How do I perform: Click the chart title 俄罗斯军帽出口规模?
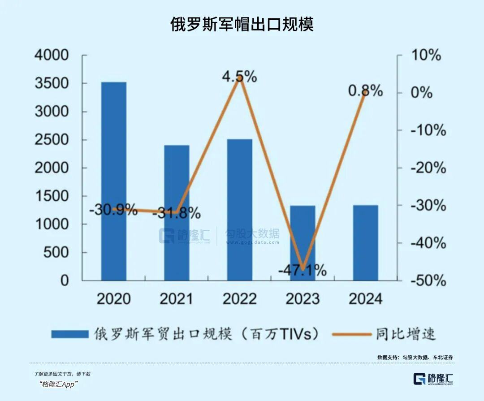pyautogui.click(x=242, y=24)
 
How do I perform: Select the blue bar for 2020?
pyautogui.click(x=113, y=181)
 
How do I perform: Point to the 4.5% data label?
pyautogui.click(x=239, y=77)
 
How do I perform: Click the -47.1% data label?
pyautogui.click(x=302, y=271)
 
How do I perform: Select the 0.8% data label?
pyautogui.click(x=365, y=91)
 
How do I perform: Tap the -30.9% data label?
pyautogui.click(x=113, y=210)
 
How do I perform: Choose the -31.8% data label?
pyautogui.click(x=176, y=213)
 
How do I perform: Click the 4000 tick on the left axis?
pyautogui.click(x=52, y=56)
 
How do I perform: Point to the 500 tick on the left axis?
pyautogui.click(x=57, y=253)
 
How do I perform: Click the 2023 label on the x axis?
pyautogui.click(x=302, y=299)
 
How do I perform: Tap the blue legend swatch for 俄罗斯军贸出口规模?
pyautogui.click(x=69, y=334)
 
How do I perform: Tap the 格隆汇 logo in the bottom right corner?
pyautogui.click(x=433, y=379)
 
